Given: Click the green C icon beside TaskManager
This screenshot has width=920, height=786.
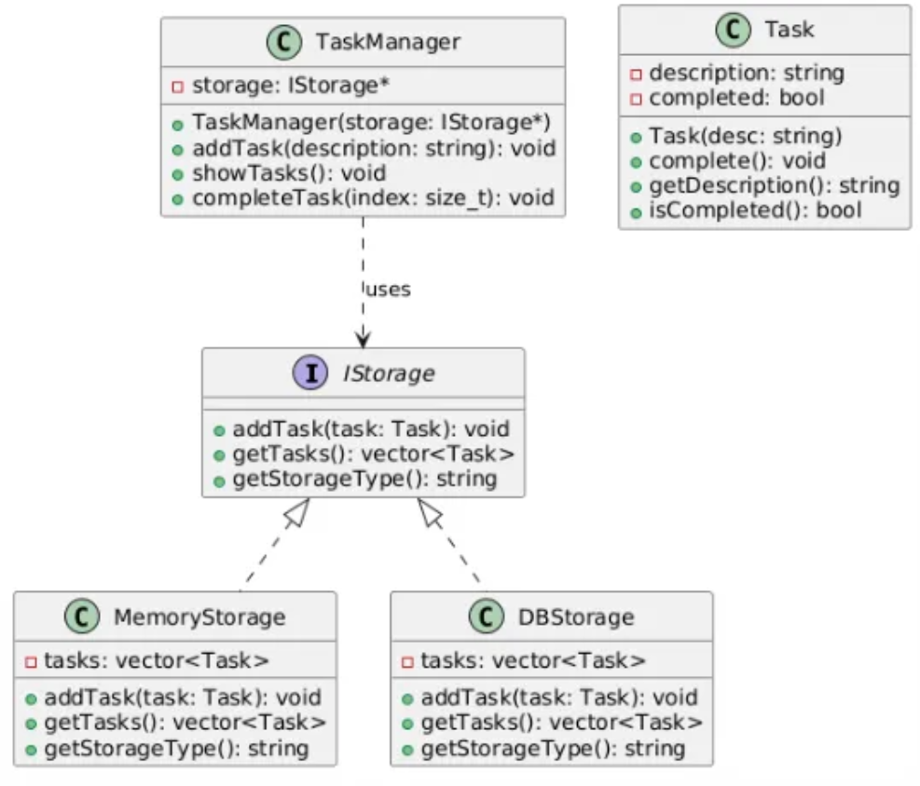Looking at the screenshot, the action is (x=284, y=42).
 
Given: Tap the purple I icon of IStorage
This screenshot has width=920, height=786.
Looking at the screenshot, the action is (x=310, y=373).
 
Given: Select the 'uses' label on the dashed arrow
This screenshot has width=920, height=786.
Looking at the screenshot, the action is (x=389, y=290).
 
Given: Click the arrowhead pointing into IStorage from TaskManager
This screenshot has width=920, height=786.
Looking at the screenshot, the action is (x=364, y=339).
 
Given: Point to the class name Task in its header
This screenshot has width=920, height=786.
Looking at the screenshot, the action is (x=790, y=29).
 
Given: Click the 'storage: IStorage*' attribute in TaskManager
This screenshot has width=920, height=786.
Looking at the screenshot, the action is (x=291, y=86).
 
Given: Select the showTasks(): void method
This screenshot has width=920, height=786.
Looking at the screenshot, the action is (x=289, y=173).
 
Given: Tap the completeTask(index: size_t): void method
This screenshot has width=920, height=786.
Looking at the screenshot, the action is (x=373, y=198).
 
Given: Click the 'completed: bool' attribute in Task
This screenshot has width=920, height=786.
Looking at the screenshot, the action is (x=737, y=98).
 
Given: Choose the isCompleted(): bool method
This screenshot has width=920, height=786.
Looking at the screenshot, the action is (x=755, y=210).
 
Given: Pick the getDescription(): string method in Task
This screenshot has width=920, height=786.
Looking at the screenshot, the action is (x=775, y=186).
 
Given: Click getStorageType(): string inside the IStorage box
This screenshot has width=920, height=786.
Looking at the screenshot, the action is (x=365, y=479).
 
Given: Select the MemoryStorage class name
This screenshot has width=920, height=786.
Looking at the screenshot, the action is (x=199, y=617).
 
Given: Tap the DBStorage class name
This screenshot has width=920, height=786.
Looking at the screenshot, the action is (x=576, y=617).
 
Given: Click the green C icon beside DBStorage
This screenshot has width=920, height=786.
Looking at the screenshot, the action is (x=487, y=617).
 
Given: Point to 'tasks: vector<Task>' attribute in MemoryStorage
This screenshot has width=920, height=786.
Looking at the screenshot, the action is (x=157, y=660).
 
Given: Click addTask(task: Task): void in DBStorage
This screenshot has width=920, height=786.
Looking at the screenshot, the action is (x=559, y=698).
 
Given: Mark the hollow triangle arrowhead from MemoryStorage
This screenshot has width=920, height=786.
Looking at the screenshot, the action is (x=297, y=511).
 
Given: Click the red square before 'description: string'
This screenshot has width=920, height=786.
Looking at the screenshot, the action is (x=636, y=75).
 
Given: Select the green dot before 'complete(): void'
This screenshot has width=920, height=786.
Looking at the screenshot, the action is (x=636, y=162).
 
